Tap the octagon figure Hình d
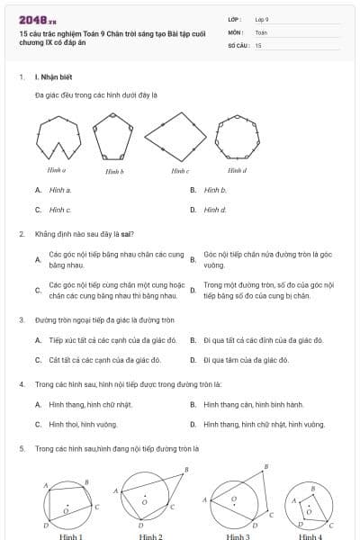click(236, 137)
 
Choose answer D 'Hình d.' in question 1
click(215, 210)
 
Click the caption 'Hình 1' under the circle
click(70, 535)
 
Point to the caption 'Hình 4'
click(310, 535)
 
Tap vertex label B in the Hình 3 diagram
click(265, 466)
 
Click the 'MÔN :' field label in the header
click(236, 31)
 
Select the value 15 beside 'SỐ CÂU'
click(258, 44)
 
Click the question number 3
click(21, 319)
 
